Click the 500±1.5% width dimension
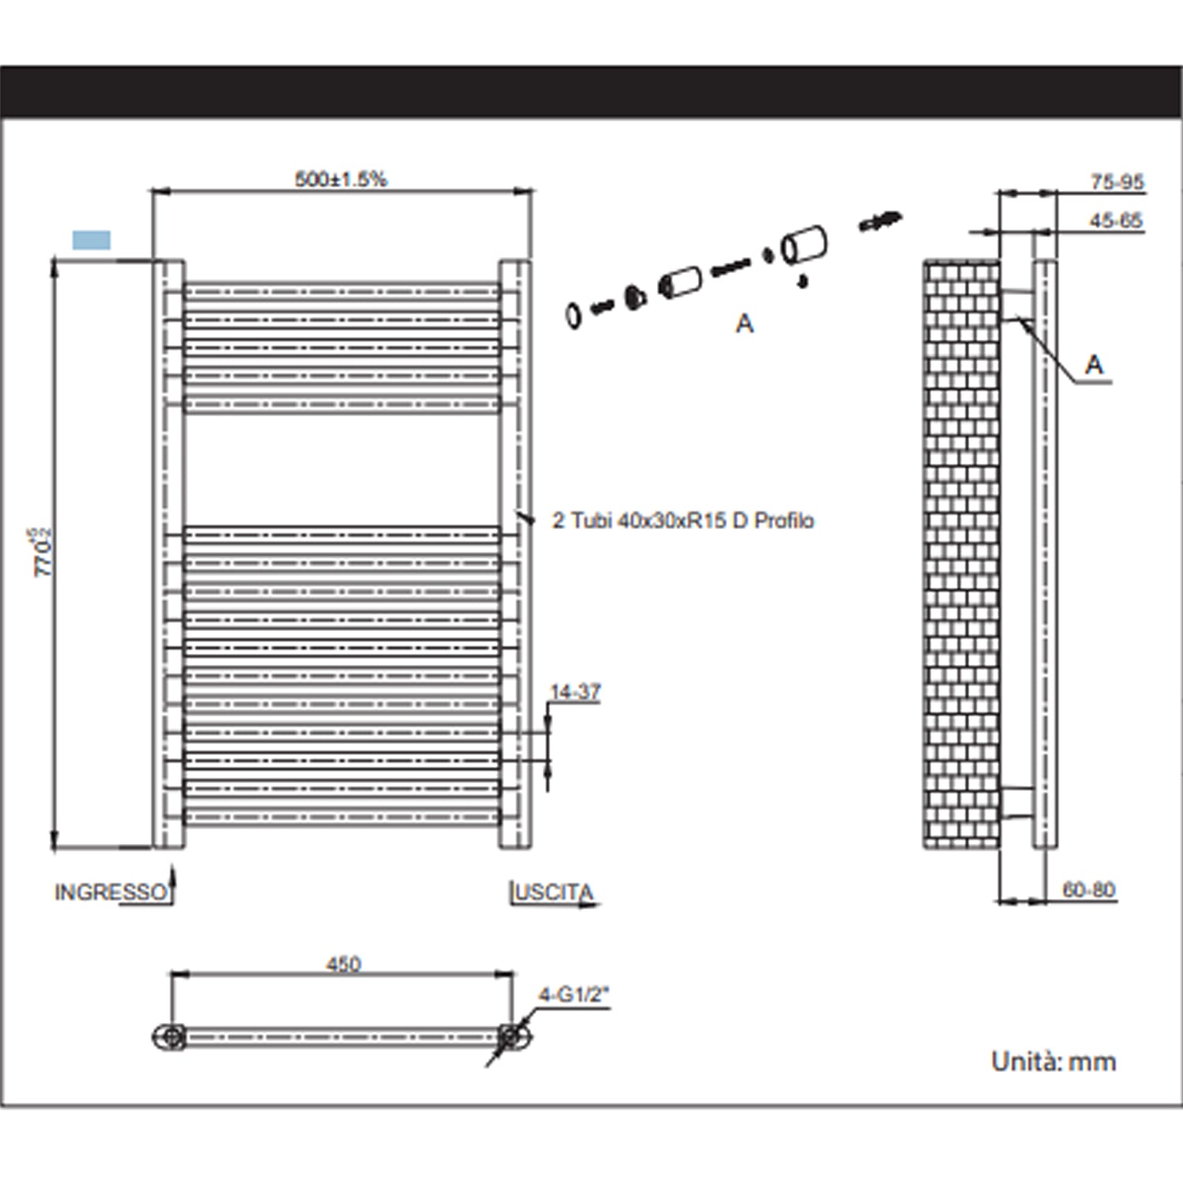pyautogui.click(x=341, y=179)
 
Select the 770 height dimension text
pyautogui.click(x=43, y=552)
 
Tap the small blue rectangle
pyautogui.click(x=91, y=240)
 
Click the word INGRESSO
pyautogui.click(x=110, y=892)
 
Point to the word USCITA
pyautogui.click(x=554, y=892)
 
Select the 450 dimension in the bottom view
pyautogui.click(x=343, y=964)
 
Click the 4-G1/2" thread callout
pyautogui.click(x=574, y=995)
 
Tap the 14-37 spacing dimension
pyautogui.click(x=575, y=692)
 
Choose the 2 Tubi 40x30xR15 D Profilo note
pyautogui.click(x=683, y=521)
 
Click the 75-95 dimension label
pyautogui.click(x=1117, y=181)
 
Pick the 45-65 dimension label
pyautogui.click(x=1115, y=221)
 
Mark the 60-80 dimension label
pyautogui.click(x=1088, y=890)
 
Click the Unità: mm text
pyautogui.click(x=1054, y=1062)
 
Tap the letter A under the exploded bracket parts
pyautogui.click(x=745, y=323)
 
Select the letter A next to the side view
pyautogui.click(x=1094, y=364)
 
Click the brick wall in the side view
pyautogui.click(x=961, y=552)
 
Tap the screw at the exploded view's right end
pyautogui.click(x=881, y=221)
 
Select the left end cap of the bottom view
pyautogui.click(x=169, y=1037)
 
